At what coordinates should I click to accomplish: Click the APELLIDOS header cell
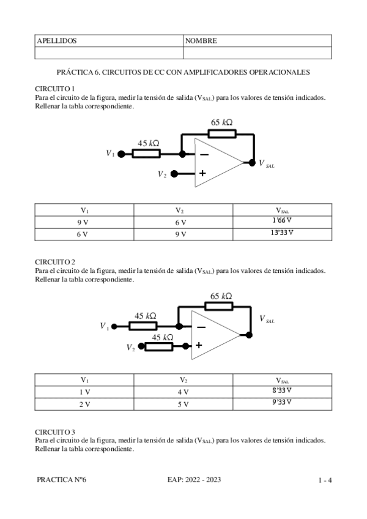click(57, 41)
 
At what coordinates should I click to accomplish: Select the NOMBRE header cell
click(201, 41)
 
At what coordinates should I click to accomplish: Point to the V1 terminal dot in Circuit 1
click(120, 154)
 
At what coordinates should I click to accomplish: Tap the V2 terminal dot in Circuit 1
click(174, 174)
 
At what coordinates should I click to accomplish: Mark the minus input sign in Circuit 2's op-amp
click(200, 327)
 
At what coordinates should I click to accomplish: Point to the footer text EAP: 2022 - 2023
click(193, 480)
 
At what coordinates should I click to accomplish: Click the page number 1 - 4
click(325, 480)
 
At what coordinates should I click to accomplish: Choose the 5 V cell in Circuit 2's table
click(183, 404)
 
